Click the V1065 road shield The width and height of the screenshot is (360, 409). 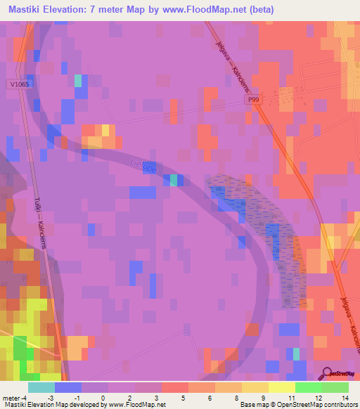click(x=19, y=84)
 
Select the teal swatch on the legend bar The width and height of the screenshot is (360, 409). click(x=41, y=387)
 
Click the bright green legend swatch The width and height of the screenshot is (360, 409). click(x=308, y=387)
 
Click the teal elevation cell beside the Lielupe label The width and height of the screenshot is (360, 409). click(x=173, y=180)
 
